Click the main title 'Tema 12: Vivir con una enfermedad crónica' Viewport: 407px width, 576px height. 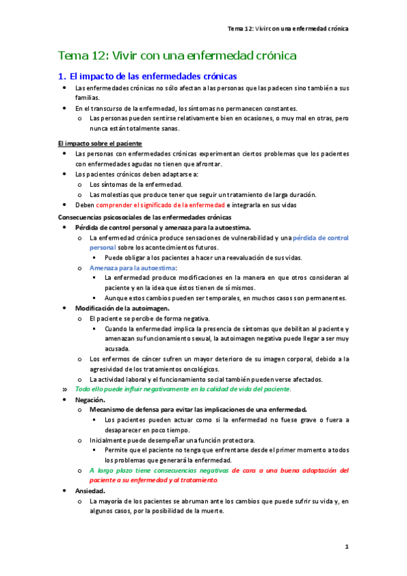pos(177,56)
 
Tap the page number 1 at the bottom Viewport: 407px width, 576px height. pos(346,546)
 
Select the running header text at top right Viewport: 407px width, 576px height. pos(288,29)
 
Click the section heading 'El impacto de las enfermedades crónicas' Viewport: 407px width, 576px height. pos(154,76)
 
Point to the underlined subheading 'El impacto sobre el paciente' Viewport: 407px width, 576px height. pos(100,143)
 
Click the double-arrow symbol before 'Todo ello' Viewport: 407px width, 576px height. pos(65,389)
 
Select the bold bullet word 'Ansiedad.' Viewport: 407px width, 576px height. pos(92,490)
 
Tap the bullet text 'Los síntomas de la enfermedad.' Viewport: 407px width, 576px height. pos(136,184)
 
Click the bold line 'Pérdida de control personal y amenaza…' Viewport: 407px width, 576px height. pos(163,227)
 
